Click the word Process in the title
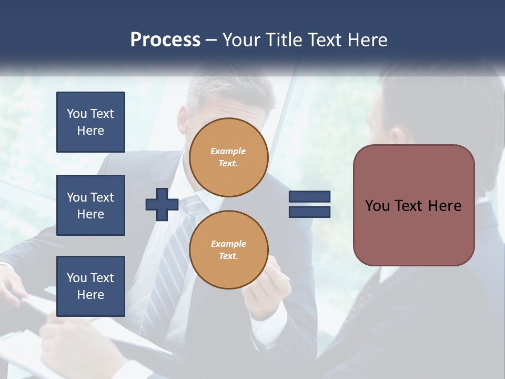point(165,40)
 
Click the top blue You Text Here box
point(90,122)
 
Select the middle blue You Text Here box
point(90,205)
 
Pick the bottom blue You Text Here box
point(90,286)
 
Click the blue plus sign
point(162,204)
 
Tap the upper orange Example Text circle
point(229,157)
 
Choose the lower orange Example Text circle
point(229,250)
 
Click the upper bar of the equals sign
point(309,197)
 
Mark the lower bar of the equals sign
point(309,212)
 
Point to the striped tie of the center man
point(174,253)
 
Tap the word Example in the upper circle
point(228,151)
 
